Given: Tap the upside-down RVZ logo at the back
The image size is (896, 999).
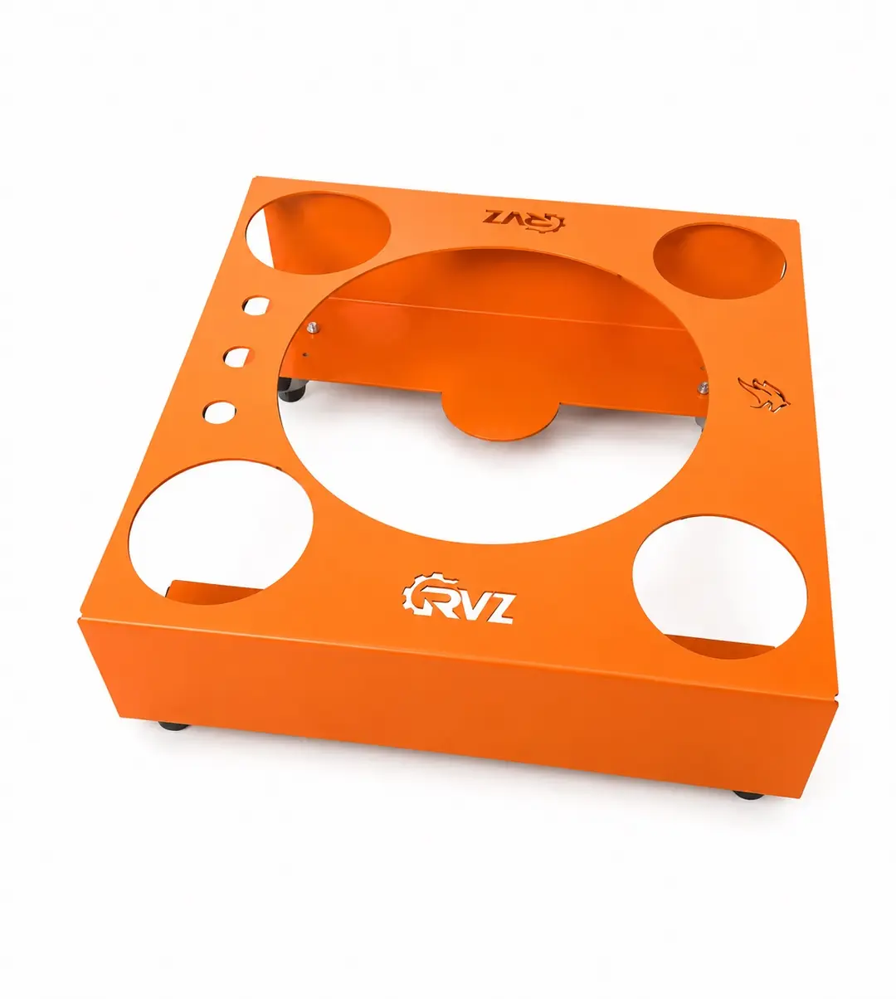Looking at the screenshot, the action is pyautogui.click(x=523, y=219).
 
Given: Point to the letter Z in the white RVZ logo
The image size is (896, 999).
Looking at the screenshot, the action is pyautogui.click(x=499, y=610).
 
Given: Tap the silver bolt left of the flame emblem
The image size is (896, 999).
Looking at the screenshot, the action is pyautogui.click(x=702, y=387).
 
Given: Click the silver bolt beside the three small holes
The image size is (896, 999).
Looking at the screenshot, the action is pyautogui.click(x=312, y=326).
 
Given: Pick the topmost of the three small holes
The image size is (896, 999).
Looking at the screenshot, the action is pyautogui.click(x=256, y=305).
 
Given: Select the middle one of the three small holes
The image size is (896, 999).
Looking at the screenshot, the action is pyautogui.click(x=237, y=357).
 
